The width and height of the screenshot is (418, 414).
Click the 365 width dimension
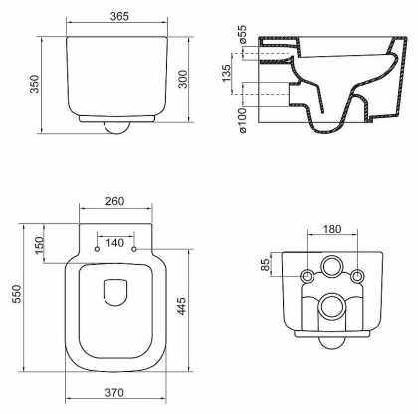[x=118, y=18]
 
